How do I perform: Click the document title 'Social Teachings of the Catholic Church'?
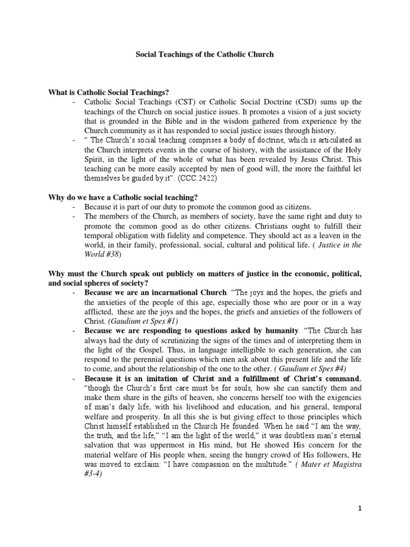pyautogui.click(x=205, y=54)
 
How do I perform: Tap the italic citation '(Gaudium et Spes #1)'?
pyautogui.click(x=138, y=321)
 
